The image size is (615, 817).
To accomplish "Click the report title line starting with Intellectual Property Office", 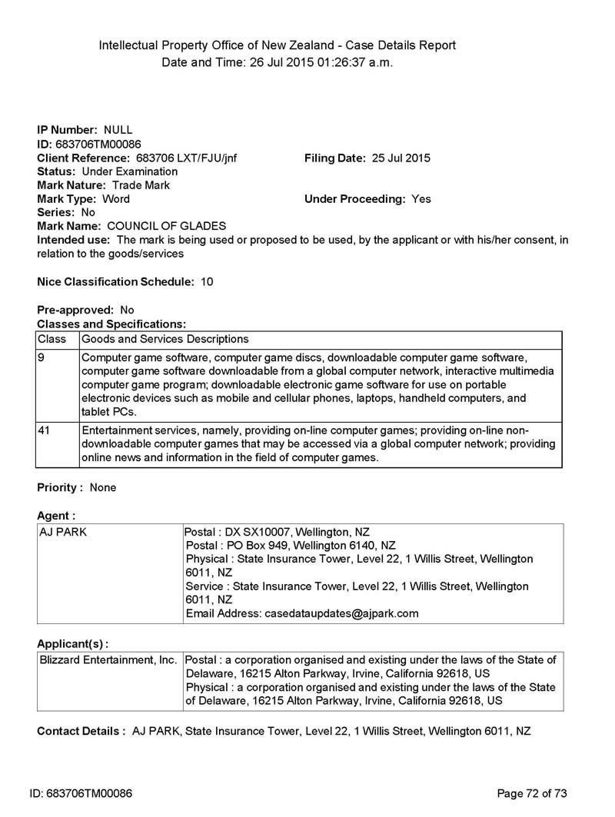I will coord(277,45).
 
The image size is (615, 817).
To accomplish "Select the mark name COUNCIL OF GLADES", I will coord(166,226).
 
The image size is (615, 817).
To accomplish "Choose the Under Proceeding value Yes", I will coord(421,199).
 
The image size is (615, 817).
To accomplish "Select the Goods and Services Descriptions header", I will coord(165,339).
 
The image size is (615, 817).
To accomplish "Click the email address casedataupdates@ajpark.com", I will coord(341,613).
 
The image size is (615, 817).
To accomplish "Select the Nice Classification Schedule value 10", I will coord(207,282).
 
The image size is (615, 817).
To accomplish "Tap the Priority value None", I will coord(103,487).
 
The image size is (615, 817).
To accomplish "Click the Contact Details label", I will coord(81,731).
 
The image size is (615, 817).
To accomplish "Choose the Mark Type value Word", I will coord(115,199).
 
